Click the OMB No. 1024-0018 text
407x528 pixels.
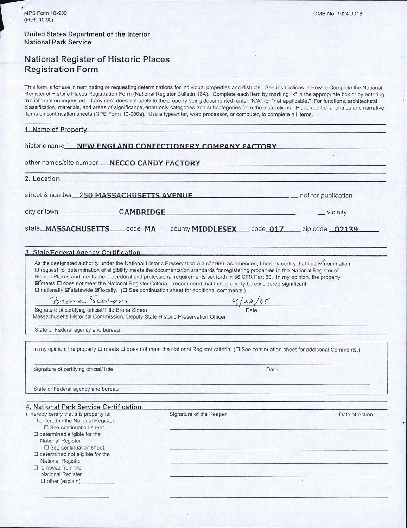(x=337, y=14)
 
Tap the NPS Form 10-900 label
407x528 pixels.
(x=45, y=13)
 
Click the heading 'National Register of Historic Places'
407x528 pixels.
(x=97, y=59)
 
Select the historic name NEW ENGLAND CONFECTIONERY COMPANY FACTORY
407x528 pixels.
(x=177, y=146)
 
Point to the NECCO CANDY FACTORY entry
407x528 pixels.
(x=155, y=163)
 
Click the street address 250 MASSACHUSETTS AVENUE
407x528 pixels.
(x=136, y=195)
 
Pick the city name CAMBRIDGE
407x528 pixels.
(x=142, y=212)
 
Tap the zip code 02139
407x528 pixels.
(x=346, y=229)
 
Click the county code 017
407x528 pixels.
(x=276, y=229)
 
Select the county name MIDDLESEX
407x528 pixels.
(x=214, y=229)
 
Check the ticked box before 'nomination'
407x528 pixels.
(x=320, y=264)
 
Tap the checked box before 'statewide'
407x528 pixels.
(x=68, y=290)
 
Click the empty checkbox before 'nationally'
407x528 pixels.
(x=37, y=290)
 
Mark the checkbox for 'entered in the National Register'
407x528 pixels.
(x=36, y=421)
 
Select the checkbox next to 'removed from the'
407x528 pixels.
(x=36, y=468)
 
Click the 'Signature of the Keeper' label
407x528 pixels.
(x=198, y=414)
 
